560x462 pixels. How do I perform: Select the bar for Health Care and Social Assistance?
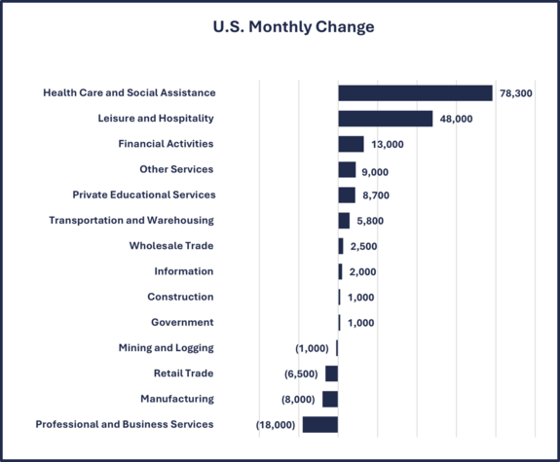(x=415, y=93)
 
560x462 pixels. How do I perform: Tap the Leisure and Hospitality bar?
(x=386, y=119)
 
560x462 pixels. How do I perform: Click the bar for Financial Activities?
(x=351, y=144)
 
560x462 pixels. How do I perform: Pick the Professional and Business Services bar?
(x=320, y=424)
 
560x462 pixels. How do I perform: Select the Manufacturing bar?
(x=330, y=399)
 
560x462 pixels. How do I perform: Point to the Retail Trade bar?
(x=332, y=373)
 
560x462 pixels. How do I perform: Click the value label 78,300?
(x=516, y=93)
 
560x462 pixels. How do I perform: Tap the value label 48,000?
(x=456, y=119)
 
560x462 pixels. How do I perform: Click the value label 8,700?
(x=376, y=195)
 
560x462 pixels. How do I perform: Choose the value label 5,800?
(x=371, y=221)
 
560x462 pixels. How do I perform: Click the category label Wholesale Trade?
(x=171, y=246)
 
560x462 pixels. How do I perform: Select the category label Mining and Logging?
(x=166, y=347)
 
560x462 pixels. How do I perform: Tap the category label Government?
(x=182, y=322)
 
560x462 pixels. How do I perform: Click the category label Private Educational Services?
(x=143, y=195)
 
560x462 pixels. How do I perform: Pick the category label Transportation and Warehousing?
(x=131, y=220)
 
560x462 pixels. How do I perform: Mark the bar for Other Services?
(x=347, y=169)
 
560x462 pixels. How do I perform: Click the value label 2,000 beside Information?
(x=362, y=271)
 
